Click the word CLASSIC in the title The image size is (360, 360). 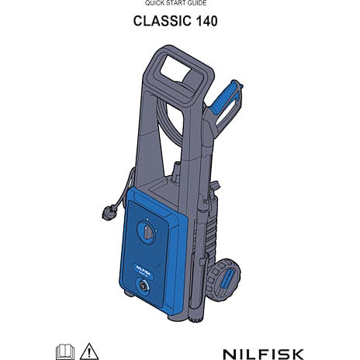click(x=162, y=21)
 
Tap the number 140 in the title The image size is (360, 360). click(x=207, y=21)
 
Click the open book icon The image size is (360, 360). click(x=65, y=351)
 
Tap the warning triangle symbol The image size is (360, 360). click(x=89, y=351)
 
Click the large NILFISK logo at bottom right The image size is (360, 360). click(x=263, y=354)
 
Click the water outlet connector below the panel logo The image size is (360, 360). click(x=143, y=286)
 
